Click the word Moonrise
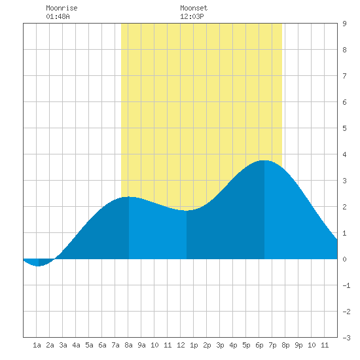pyautogui.click(x=62, y=8)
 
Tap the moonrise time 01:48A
pyautogui.click(x=58, y=16)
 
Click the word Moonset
pyautogui.click(x=194, y=8)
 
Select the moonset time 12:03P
pyautogui.click(x=192, y=16)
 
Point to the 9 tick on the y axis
pyautogui.click(x=344, y=24)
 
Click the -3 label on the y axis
pyautogui.click(x=346, y=338)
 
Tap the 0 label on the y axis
pyautogui.click(x=344, y=259)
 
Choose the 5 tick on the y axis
pyautogui.click(x=344, y=128)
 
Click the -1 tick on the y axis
pyautogui.click(x=346, y=285)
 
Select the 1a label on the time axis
pyautogui.click(x=37, y=345)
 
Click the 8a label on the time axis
pyautogui.click(x=128, y=345)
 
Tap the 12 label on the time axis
pyautogui.click(x=181, y=345)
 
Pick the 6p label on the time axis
pyautogui.click(x=259, y=345)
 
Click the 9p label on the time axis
pyautogui.click(x=298, y=345)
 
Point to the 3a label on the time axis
pyautogui.click(x=63, y=345)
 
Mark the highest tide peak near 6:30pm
pyautogui.click(x=264, y=160)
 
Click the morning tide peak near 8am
pyautogui.click(x=129, y=197)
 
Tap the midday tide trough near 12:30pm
pyautogui.click(x=187, y=211)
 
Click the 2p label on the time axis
pyautogui.click(x=207, y=345)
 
